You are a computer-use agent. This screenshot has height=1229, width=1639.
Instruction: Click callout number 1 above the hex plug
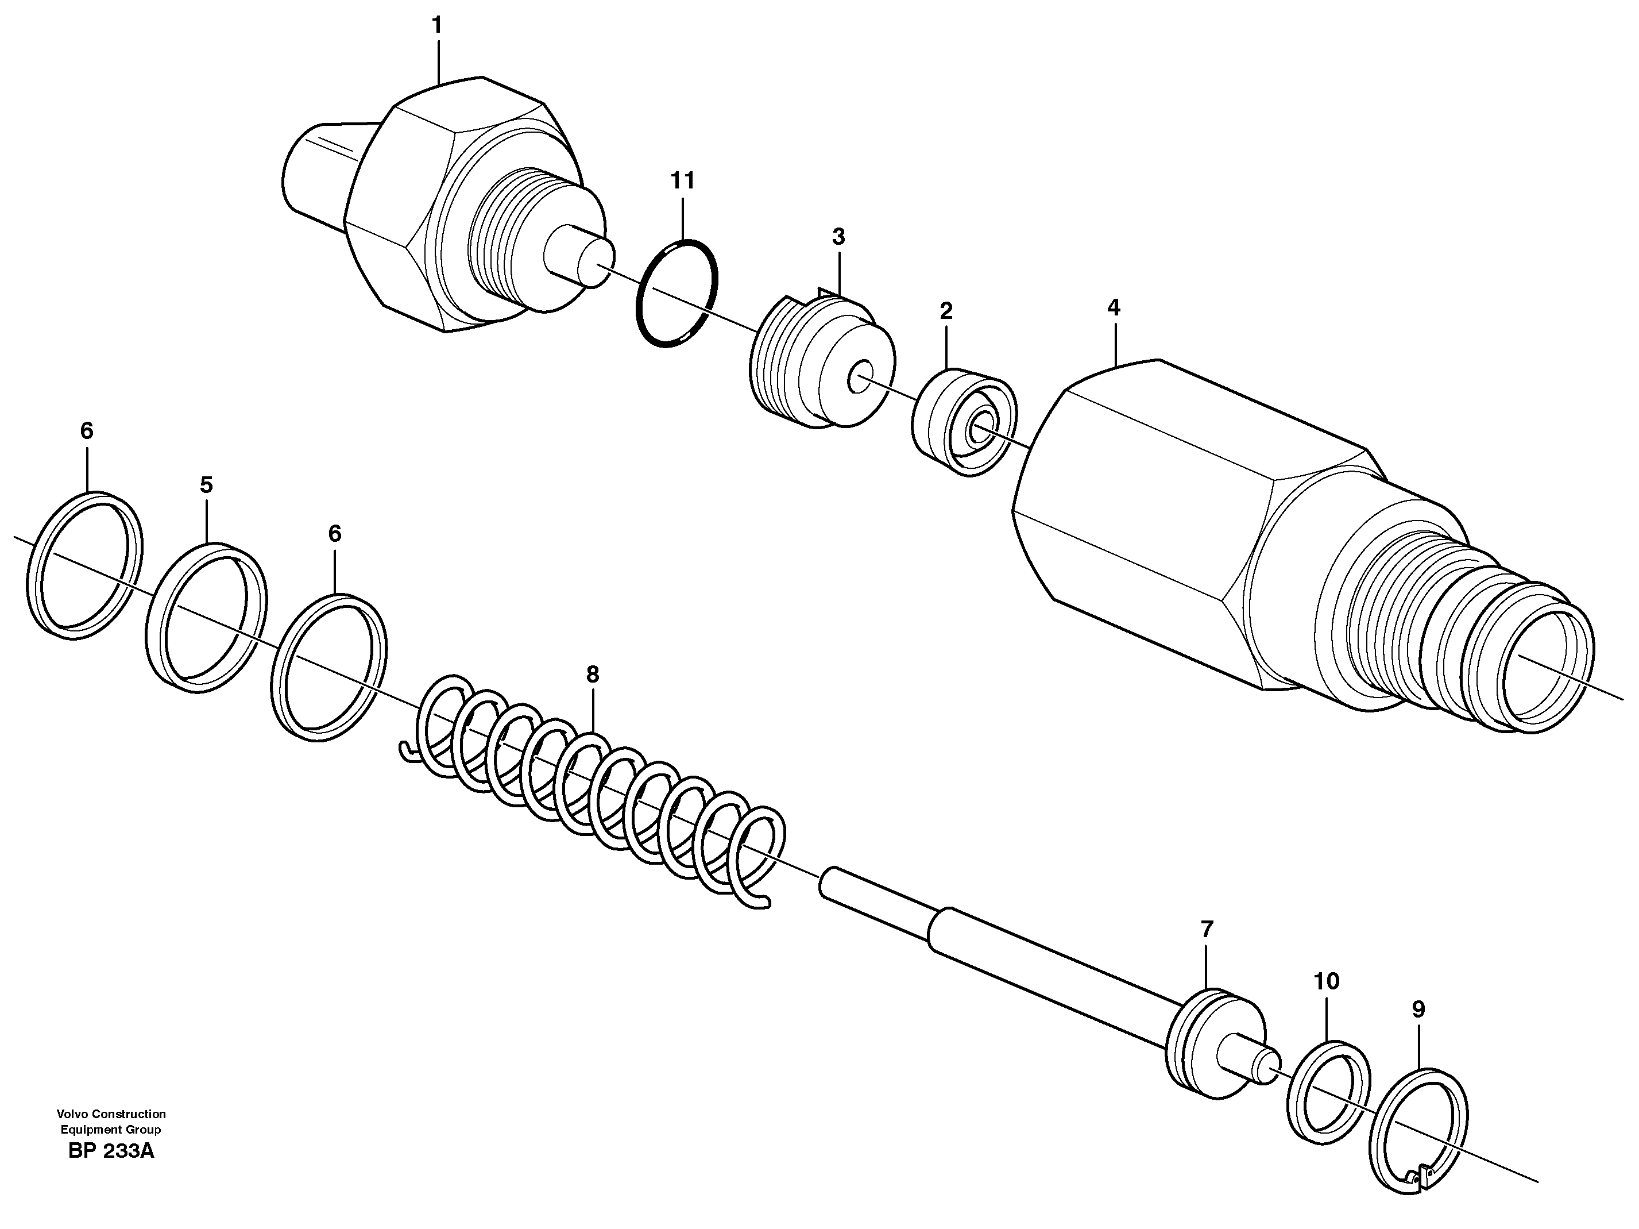(x=437, y=26)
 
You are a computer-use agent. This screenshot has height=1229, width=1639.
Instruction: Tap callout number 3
(x=838, y=237)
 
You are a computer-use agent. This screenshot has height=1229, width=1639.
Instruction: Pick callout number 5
(x=206, y=486)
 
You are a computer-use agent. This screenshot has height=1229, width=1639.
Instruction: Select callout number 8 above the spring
(x=592, y=675)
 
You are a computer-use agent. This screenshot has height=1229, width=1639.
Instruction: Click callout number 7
(x=1207, y=929)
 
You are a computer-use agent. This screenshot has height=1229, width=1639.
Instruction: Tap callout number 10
(x=1327, y=981)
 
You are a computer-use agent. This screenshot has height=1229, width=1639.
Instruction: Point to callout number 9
(x=1418, y=1010)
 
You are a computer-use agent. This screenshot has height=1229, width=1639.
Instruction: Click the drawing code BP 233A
(x=111, y=1151)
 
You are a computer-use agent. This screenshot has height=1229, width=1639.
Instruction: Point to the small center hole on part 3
(x=862, y=378)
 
